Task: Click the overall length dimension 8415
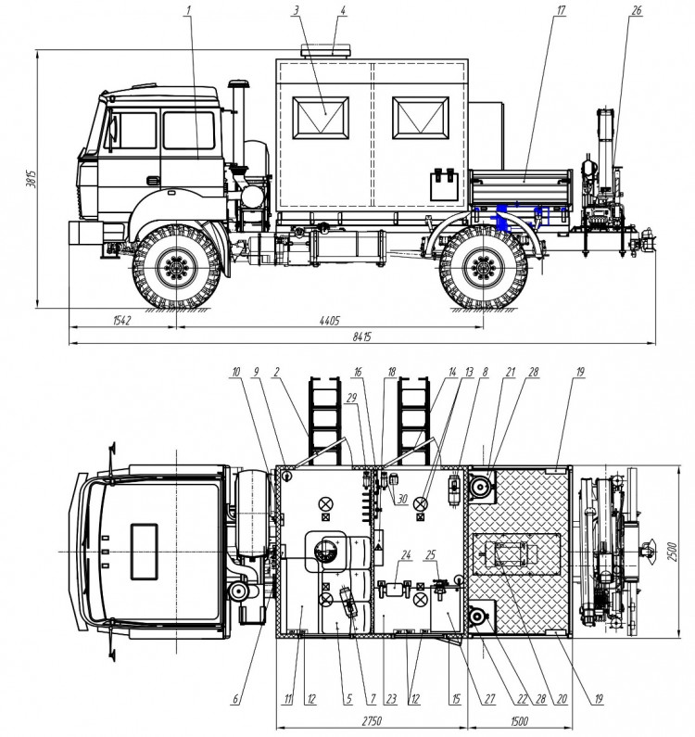tap(360, 337)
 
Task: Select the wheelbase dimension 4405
tap(330, 321)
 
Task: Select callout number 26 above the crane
tap(636, 12)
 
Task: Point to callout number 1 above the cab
tap(189, 12)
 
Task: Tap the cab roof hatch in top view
tap(145, 540)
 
